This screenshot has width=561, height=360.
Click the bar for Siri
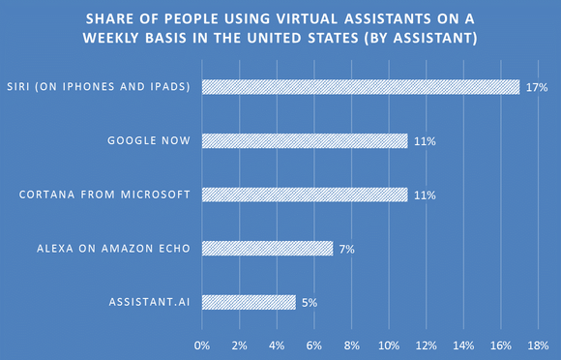[361, 87]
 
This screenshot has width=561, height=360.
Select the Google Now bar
[305, 141]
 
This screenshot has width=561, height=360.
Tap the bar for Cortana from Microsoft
[305, 195]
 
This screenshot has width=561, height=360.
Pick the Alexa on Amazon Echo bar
[268, 249]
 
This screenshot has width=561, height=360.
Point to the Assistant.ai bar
[249, 302]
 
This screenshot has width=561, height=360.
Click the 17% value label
[537, 87]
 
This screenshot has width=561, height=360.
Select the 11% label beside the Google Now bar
[425, 141]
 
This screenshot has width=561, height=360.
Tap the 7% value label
[346, 249]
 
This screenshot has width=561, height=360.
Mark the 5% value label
[309, 302]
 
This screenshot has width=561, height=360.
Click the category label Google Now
[149, 141]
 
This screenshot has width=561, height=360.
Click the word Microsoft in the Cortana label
[157, 195]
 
